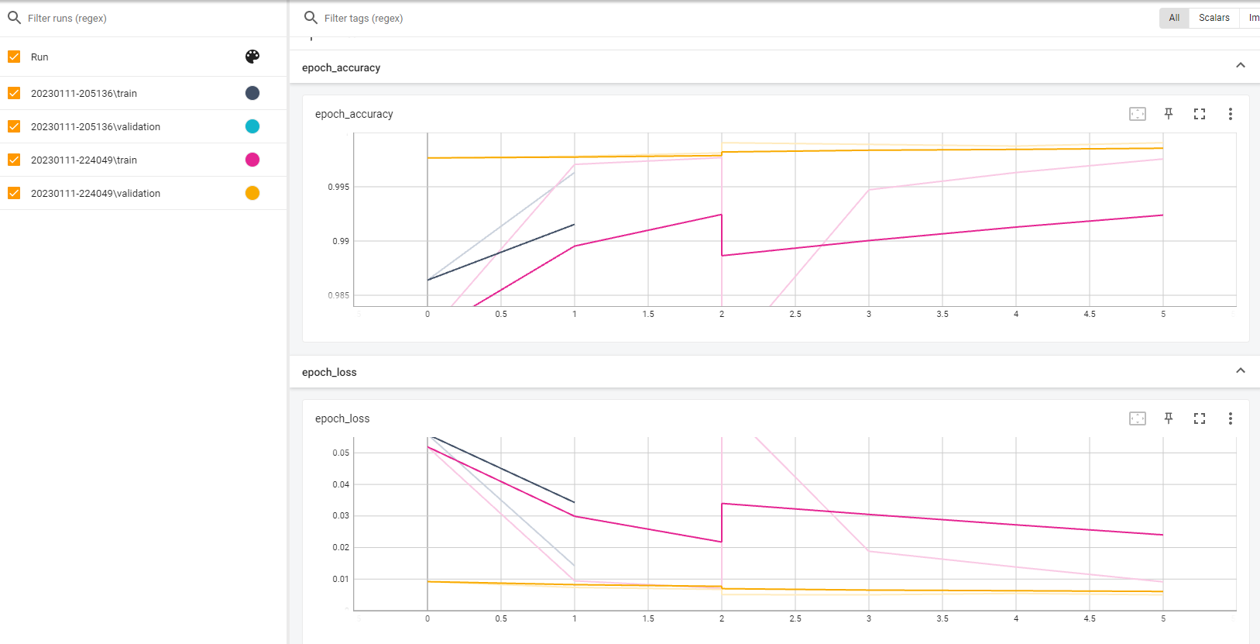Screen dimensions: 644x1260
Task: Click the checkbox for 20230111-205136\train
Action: point(14,93)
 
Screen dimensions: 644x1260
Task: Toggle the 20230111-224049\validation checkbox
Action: point(14,193)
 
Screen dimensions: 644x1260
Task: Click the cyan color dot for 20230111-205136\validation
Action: point(252,126)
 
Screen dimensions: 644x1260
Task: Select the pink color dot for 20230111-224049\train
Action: point(252,160)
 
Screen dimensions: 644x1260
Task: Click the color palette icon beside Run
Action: point(252,57)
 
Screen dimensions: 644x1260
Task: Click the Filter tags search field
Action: point(542,18)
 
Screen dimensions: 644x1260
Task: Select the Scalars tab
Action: point(1214,18)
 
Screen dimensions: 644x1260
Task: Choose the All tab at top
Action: point(1174,18)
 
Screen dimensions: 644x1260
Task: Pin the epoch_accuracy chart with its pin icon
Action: point(1169,114)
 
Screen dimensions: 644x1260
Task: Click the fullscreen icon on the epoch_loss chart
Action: point(1200,418)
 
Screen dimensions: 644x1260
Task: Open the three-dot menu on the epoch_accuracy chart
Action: point(1230,114)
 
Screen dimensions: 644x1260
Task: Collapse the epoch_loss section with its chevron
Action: point(1241,371)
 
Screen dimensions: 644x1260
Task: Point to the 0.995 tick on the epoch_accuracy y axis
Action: point(338,187)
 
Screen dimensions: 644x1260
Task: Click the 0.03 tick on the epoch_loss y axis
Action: point(341,515)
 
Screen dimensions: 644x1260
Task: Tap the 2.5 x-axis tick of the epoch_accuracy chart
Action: point(795,314)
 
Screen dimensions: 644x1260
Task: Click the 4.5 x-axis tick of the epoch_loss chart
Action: point(1090,618)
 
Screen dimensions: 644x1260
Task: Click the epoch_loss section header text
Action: point(329,372)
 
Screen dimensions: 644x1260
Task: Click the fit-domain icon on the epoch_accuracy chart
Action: point(1137,114)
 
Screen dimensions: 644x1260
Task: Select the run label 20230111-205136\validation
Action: point(95,126)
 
